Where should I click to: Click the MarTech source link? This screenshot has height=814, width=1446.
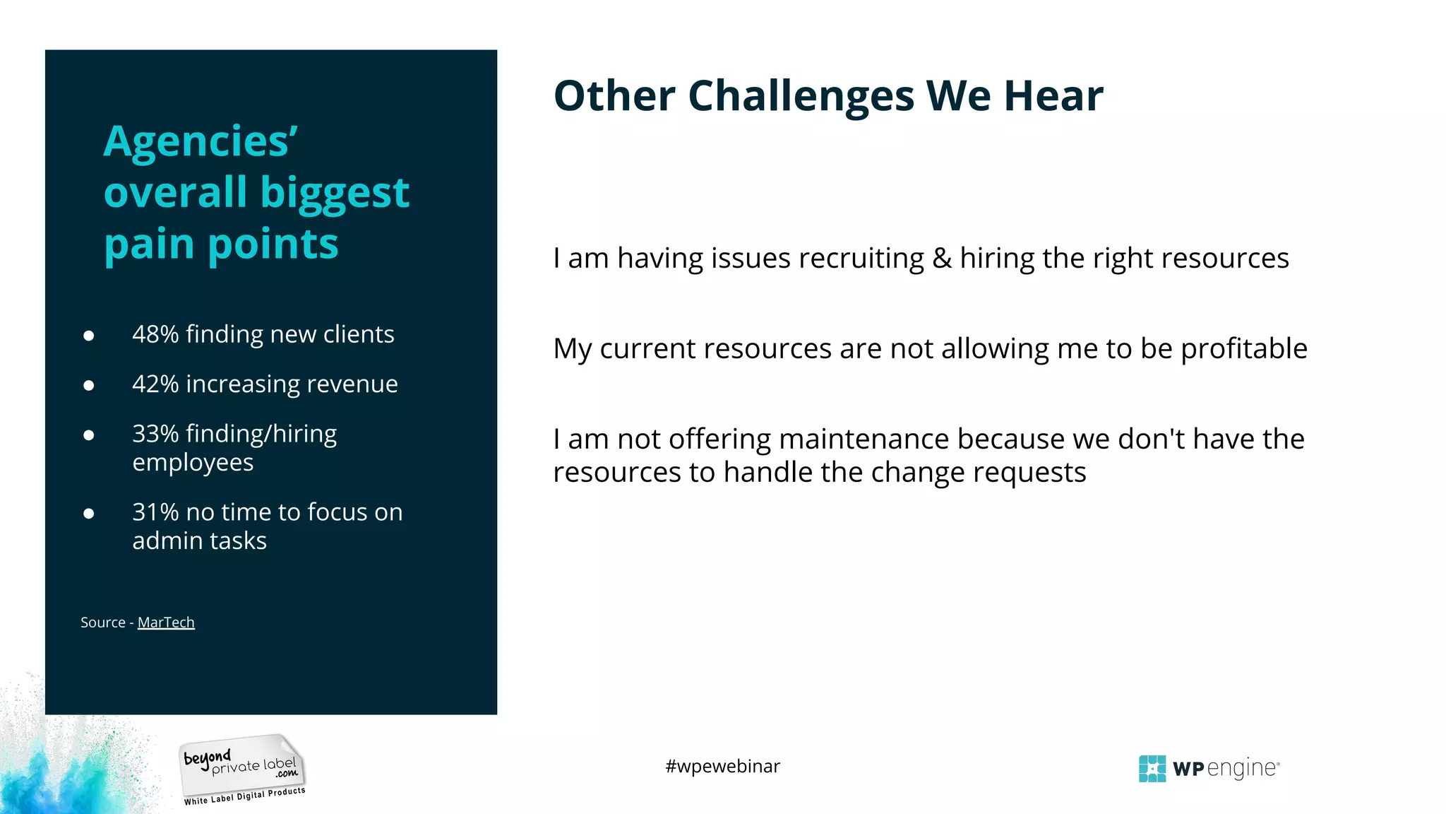coord(166,623)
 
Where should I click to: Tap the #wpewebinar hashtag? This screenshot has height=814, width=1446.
coord(722,766)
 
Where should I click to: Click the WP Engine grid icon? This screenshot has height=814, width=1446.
coord(1152,769)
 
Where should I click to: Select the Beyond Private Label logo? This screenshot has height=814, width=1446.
coord(242,770)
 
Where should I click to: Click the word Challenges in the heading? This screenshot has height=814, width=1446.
coord(801,96)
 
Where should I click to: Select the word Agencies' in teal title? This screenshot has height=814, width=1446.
coord(201,141)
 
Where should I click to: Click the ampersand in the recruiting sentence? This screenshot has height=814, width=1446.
coord(942,259)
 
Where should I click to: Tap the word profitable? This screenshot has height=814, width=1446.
coord(1243,349)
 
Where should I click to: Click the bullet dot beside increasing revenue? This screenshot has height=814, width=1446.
coord(88,385)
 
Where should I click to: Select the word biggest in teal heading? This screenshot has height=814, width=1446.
coord(335,193)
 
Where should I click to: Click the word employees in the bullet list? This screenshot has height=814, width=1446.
coord(193,463)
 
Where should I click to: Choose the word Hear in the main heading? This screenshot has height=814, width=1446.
coord(1053,96)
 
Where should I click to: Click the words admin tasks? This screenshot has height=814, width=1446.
coord(199,541)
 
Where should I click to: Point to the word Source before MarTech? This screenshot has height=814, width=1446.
coord(102,623)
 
